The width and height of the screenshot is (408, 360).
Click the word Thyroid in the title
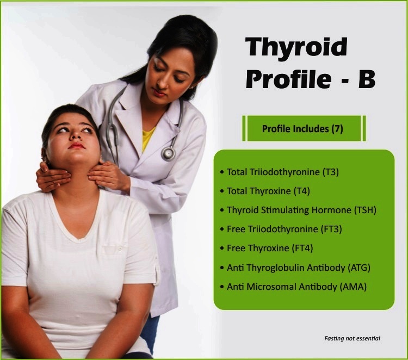296,48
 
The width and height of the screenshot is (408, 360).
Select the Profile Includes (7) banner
304,128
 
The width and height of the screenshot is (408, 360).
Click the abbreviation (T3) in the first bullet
330,172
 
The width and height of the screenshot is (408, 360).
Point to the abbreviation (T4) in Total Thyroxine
301,191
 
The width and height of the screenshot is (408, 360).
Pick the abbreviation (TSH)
365,210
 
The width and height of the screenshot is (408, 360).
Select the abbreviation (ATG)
359,268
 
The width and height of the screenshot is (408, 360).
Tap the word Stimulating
285,210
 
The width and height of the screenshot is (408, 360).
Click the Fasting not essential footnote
352,338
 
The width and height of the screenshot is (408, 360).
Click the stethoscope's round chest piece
168,154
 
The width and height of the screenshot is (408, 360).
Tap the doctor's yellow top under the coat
147,138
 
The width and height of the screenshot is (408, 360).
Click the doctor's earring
192,87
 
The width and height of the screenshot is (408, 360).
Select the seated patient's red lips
77,146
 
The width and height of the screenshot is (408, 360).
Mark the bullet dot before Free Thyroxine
222,248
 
